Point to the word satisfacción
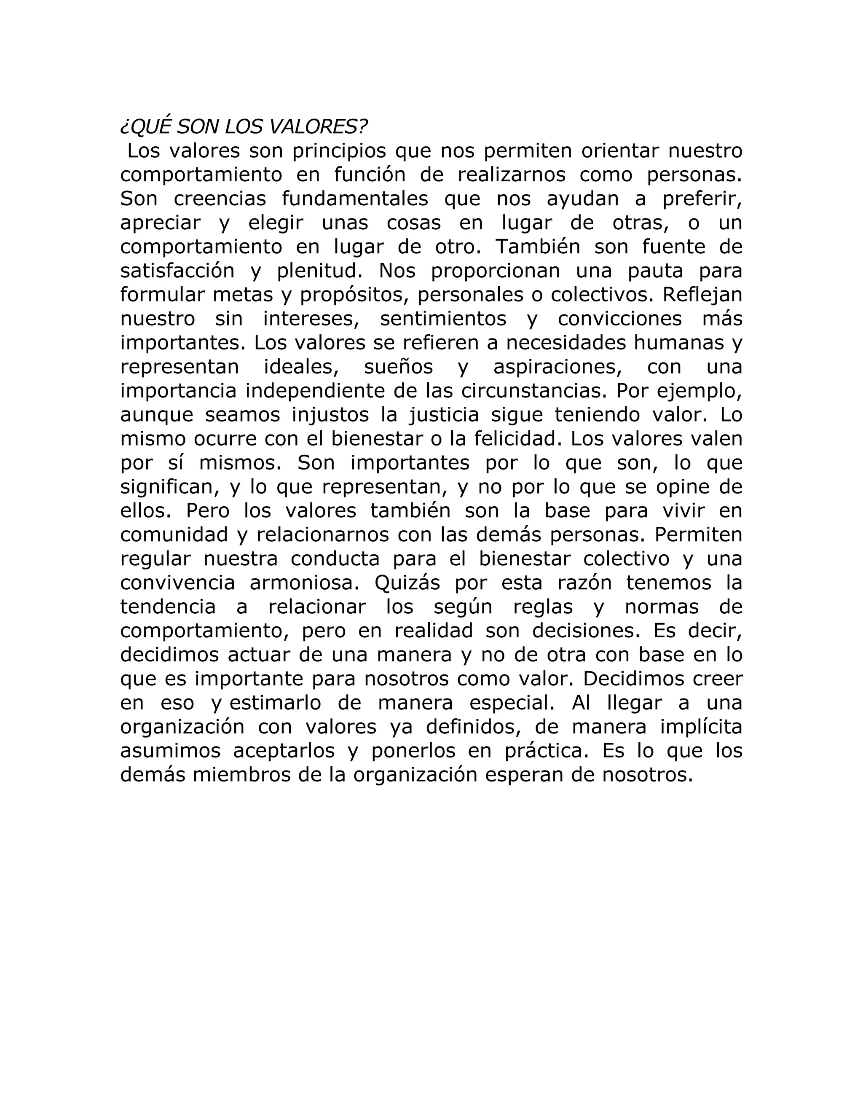(177, 271)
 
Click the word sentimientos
(443, 319)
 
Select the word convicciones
(619, 319)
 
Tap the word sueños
(398, 367)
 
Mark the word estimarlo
(275, 703)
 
